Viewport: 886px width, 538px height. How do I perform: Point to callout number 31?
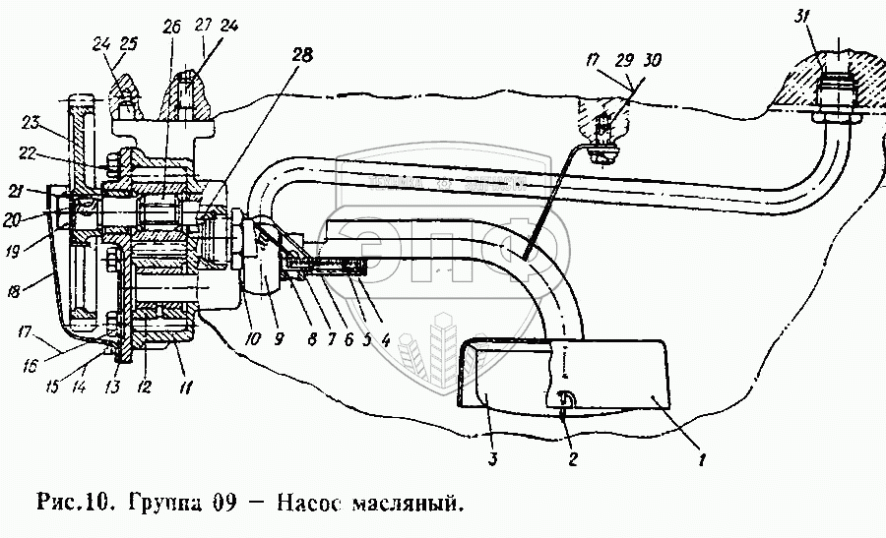798,17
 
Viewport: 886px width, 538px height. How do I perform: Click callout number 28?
299,56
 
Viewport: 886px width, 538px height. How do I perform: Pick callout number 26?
171,27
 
